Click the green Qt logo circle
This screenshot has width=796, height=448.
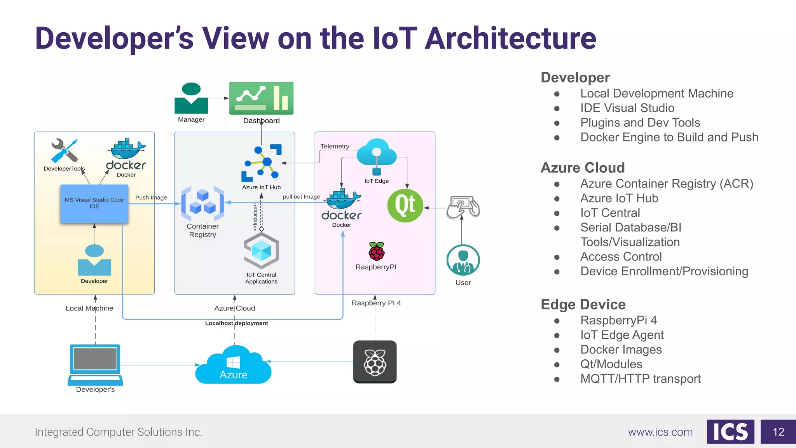[x=405, y=205]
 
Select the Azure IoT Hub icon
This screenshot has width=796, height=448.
[x=261, y=163]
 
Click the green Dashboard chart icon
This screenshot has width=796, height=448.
[x=261, y=98]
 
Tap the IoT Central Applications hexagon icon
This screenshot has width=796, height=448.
[x=261, y=251]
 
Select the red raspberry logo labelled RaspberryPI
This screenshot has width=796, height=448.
[x=376, y=251]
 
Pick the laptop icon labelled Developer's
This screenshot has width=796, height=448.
[x=95, y=364]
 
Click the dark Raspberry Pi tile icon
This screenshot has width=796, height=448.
[x=375, y=362]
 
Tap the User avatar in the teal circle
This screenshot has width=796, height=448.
[x=463, y=260]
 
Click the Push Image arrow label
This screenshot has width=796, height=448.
[x=151, y=198]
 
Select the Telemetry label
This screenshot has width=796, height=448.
[x=335, y=146]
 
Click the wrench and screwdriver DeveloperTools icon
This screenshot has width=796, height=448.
[x=65, y=150]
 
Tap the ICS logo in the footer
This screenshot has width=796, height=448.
[x=730, y=432]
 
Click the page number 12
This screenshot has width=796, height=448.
[x=778, y=432]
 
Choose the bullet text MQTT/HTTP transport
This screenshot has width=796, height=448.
[x=640, y=379]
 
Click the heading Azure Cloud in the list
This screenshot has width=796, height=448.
[x=583, y=168]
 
